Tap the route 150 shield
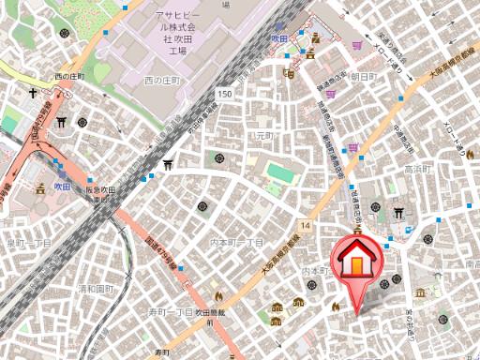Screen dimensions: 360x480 [x=223, y=94]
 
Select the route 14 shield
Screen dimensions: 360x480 [x=306, y=226]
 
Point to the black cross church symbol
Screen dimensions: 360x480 [x=33, y=94]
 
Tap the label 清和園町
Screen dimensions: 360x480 [x=96, y=288]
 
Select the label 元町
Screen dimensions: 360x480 [x=264, y=136]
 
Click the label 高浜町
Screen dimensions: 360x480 [x=416, y=169]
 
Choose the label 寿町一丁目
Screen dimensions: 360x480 [x=171, y=310]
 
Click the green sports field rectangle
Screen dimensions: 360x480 [x=279, y=173]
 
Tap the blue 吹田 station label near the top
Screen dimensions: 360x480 [x=278, y=38]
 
